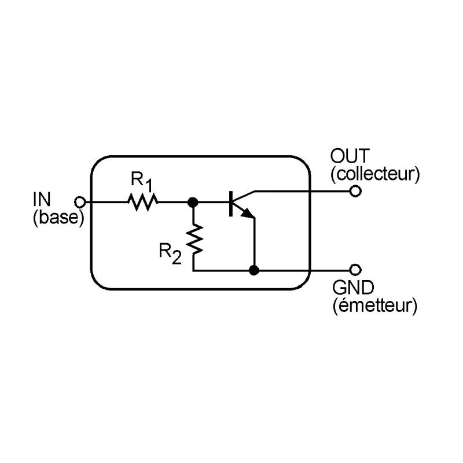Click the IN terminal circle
[80, 202]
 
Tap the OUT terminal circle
[355, 191]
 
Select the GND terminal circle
[355, 270]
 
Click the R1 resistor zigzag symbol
[142, 202]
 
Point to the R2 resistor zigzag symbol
[194, 240]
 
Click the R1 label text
[142, 181]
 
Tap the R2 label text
[170, 253]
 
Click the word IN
[42, 199]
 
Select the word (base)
[58, 218]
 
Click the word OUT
[350, 156]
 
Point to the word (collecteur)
[375, 175]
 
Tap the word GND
[353, 287]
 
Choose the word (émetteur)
[375, 306]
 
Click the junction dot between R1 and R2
[193, 202]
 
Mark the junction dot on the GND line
[254, 270]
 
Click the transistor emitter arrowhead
[248, 213]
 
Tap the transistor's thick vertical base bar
[231, 204]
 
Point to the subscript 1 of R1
[149, 186]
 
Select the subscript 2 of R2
[177, 258]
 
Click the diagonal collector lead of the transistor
[244, 196]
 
